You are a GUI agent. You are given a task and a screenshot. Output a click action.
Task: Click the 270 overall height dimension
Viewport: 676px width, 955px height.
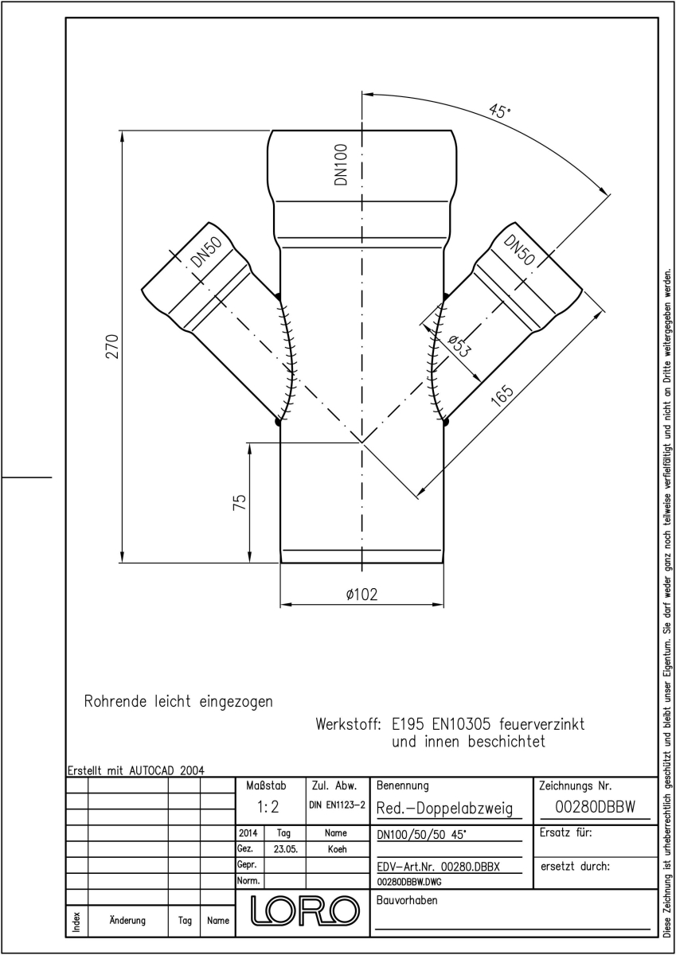pos(112,346)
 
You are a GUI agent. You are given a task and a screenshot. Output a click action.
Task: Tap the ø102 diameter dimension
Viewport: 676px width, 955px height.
pos(361,594)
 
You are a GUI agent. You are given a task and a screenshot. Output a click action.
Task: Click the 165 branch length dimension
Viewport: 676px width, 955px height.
pos(502,396)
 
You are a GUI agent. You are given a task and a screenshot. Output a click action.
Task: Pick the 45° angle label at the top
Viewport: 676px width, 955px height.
pos(499,111)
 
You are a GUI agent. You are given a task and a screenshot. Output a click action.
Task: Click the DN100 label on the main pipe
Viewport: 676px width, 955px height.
pos(342,165)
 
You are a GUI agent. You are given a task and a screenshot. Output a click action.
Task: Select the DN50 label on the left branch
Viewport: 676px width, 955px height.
pos(206,252)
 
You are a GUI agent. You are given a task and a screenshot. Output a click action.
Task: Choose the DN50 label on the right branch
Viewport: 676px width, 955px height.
pos(518,250)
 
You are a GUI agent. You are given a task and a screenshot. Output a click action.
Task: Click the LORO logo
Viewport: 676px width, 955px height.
pos(304,910)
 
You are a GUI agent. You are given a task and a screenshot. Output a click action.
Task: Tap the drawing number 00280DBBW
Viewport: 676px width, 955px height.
pos(596,807)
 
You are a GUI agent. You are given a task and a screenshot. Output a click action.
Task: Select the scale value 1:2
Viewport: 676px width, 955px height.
pos(268,807)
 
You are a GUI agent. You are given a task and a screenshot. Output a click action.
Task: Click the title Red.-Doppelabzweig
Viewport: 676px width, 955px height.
pos(444,808)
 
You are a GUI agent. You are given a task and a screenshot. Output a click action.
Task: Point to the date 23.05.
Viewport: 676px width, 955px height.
pos(285,849)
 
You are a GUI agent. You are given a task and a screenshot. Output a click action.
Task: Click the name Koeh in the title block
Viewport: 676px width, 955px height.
pos(337,849)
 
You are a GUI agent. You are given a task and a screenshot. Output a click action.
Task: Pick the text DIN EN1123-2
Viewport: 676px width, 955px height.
pos(337,805)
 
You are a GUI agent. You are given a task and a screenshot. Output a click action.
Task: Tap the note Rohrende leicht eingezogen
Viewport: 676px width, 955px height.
pos(178,701)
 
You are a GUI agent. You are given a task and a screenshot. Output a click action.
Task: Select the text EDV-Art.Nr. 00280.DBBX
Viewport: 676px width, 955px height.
pos(438,867)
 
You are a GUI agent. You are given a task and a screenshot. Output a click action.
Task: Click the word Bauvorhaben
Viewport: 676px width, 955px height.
pos(407,900)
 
